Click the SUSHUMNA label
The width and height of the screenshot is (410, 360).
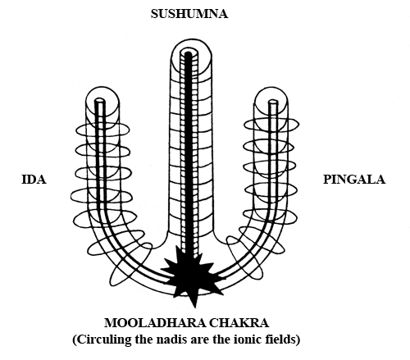coord(189,14)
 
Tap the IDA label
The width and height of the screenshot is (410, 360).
coord(34,180)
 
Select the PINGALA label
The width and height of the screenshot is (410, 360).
coord(354,180)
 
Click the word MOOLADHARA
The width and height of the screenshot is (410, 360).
coord(155,323)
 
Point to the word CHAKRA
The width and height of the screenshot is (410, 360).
coord(239,323)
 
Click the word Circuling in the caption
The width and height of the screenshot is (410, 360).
coord(102,339)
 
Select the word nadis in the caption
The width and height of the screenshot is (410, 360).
coord(170,339)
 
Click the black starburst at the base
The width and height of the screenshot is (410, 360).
coord(192,276)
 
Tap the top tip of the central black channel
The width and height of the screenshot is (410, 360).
coord(188,52)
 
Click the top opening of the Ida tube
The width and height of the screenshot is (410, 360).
coord(100,100)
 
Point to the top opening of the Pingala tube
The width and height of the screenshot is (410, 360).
coord(273,103)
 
